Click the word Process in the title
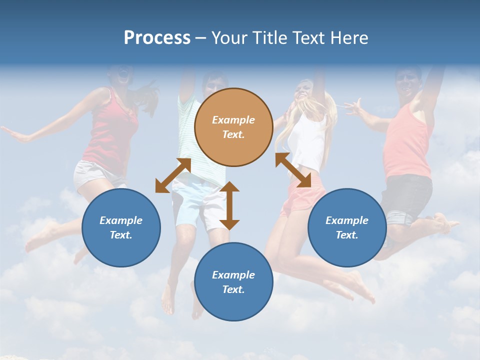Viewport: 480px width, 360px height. pyautogui.click(x=157, y=38)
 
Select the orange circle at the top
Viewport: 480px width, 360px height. pyautogui.click(x=233, y=127)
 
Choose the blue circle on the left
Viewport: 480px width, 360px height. pyautogui.click(x=121, y=227)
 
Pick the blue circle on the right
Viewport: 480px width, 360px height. pyautogui.click(x=346, y=227)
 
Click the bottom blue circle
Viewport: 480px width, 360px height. pyautogui.click(x=233, y=282)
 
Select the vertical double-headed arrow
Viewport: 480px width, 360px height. pyautogui.click(x=229, y=205)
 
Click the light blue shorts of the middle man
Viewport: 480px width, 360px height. pyautogui.click(x=197, y=202)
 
